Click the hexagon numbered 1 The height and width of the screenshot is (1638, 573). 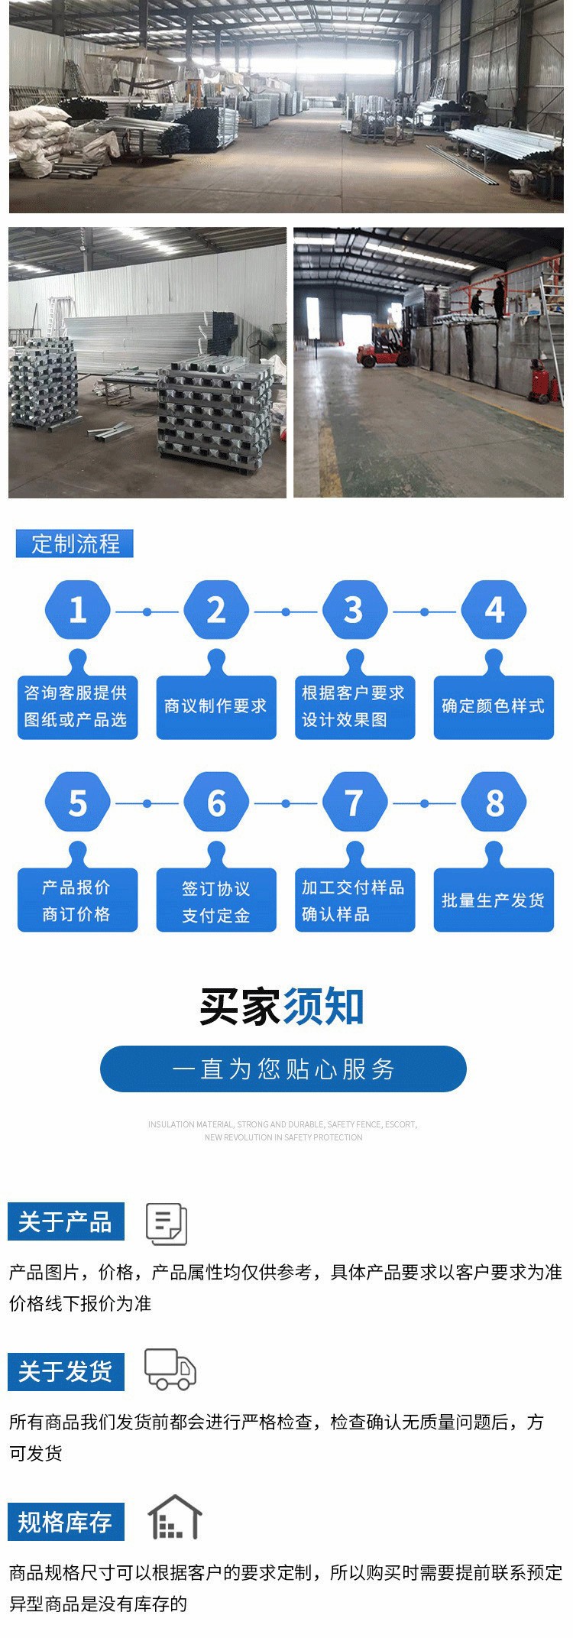point(77,610)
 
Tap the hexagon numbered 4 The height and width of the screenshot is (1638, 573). point(494,610)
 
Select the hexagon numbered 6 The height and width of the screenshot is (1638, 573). point(216,803)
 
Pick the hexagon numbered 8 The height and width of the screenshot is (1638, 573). point(494,803)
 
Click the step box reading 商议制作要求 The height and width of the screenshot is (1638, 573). point(216,706)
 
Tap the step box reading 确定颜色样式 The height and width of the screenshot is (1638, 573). point(494,706)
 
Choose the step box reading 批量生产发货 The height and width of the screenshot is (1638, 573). point(494,900)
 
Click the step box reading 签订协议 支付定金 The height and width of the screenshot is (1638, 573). point(216,900)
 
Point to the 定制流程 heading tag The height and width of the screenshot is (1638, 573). point(75,543)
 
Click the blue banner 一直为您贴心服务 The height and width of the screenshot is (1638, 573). point(283,1069)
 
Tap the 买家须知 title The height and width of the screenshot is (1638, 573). point(282,1006)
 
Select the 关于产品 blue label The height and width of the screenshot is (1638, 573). point(66,1221)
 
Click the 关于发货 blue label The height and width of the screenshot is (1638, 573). point(66,1371)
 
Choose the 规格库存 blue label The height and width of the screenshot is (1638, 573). point(66,1522)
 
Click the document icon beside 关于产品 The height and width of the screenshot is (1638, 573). point(167,1224)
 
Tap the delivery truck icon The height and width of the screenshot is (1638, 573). point(170,1370)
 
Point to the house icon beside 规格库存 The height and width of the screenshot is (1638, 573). point(174,1517)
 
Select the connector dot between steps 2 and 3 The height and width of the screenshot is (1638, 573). point(286,611)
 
